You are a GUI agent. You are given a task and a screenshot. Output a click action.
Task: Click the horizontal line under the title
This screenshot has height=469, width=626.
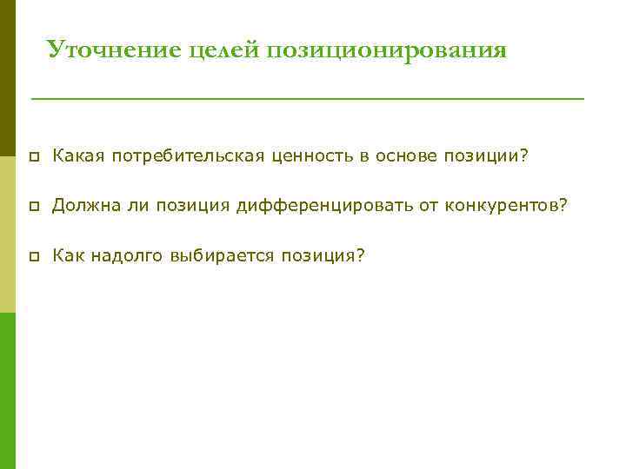click(308, 99)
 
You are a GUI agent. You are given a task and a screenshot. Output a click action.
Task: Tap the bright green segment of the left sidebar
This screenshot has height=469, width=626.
click(8, 390)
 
